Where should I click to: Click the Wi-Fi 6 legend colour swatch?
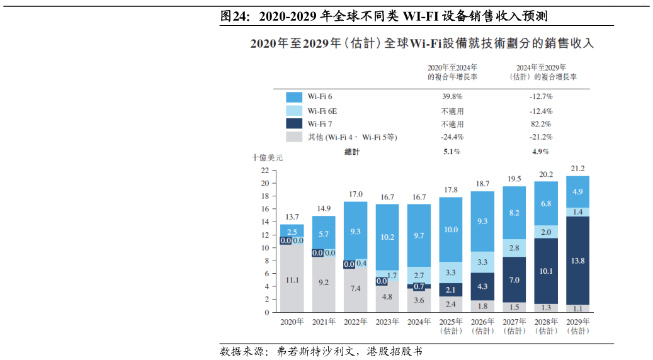[x=294, y=97]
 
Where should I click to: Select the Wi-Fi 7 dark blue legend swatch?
[x=294, y=124]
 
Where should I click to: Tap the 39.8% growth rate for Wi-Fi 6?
[x=452, y=97]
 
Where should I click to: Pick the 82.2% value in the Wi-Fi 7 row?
[x=541, y=124]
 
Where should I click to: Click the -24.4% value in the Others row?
[x=452, y=137]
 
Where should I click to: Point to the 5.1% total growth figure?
[x=452, y=152]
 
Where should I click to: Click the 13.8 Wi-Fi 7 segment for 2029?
[x=577, y=261]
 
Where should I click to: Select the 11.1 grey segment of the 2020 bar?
[x=292, y=280]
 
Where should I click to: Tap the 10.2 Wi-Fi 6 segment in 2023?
[x=387, y=237]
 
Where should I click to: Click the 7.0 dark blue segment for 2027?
[x=514, y=279]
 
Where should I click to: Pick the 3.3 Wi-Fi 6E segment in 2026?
[x=482, y=262]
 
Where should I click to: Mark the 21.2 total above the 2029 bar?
[x=577, y=169]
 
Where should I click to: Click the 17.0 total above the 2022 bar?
[x=355, y=194]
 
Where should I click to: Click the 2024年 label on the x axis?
[x=419, y=322]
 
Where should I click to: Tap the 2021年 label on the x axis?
[x=324, y=322]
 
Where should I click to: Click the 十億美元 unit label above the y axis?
[x=267, y=158]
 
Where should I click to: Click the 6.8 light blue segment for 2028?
[x=546, y=204]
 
